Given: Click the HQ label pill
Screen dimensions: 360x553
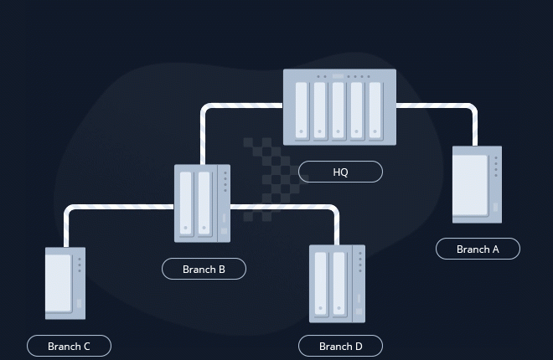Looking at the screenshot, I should pyautogui.click(x=340, y=172).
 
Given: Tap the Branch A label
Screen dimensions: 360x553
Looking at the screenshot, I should pyautogui.click(x=478, y=249).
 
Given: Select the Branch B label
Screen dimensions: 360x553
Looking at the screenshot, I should pyautogui.click(x=204, y=269).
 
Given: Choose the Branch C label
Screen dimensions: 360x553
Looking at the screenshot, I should pyautogui.click(x=69, y=346).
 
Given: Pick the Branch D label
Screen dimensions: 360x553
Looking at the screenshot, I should pyautogui.click(x=340, y=346).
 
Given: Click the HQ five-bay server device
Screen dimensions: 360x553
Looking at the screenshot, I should pyautogui.click(x=339, y=107).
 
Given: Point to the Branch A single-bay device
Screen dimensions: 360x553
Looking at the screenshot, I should pyautogui.click(x=477, y=184).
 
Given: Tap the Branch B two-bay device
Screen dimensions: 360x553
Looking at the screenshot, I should pyautogui.click(x=202, y=203).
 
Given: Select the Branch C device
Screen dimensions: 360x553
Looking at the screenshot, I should pyautogui.click(x=65, y=283).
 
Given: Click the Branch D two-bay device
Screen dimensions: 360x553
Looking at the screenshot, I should pyautogui.click(x=337, y=283).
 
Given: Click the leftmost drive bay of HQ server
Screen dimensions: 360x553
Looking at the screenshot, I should pyautogui.click(x=301, y=111).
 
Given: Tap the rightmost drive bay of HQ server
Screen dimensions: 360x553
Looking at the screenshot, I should pyautogui.click(x=375, y=111).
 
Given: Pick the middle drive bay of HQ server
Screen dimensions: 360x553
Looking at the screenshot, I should pyautogui.click(x=338, y=111).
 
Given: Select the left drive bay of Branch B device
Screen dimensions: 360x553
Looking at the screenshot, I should pyautogui.click(x=187, y=203).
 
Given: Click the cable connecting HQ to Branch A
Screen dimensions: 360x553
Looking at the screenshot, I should pyautogui.click(x=452, y=106).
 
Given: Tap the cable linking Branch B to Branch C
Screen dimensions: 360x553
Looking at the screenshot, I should pyautogui.click(x=117, y=208).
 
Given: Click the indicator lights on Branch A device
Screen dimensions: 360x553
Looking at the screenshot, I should pyautogui.click(x=496, y=165).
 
